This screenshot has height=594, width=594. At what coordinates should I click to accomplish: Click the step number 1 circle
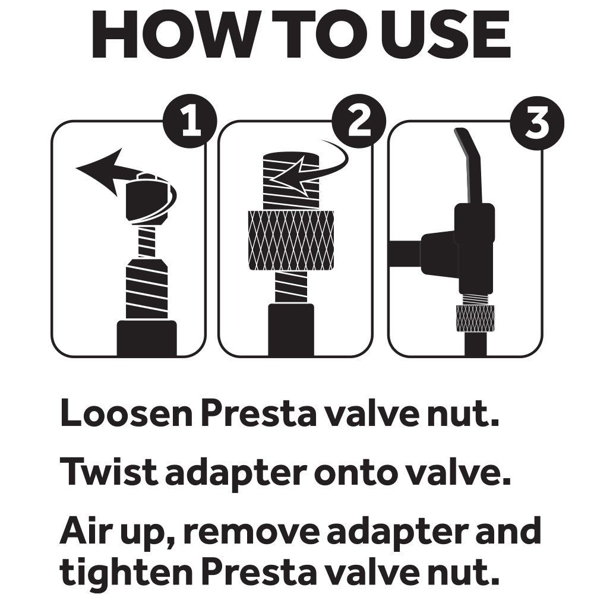coord(190,121)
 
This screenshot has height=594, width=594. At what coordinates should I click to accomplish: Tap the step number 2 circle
coord(358,121)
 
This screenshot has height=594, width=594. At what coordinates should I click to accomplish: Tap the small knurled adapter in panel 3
coord(475,318)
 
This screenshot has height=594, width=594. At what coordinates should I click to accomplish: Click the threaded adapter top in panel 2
coord(290,178)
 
